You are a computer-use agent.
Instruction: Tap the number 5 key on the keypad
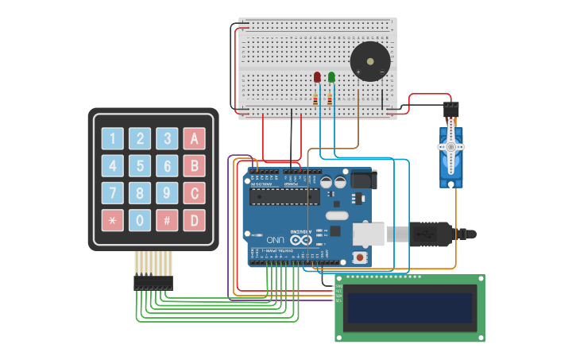tap(140, 166)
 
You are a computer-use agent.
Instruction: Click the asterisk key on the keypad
tap(112, 219)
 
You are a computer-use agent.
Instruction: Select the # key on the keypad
tap(167, 219)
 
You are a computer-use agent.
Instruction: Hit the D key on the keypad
tap(194, 219)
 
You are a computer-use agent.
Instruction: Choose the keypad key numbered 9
tap(167, 193)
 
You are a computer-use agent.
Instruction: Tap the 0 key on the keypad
tap(140, 219)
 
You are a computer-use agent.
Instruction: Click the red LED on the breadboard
tap(317, 77)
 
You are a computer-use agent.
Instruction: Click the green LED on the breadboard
tap(331, 77)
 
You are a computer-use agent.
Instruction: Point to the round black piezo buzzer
tap(370, 62)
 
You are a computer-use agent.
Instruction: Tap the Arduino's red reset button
tap(360, 257)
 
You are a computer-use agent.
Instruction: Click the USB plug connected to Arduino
tap(429, 234)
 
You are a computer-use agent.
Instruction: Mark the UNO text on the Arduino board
tap(275, 239)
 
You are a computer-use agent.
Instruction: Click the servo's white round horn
tap(450, 147)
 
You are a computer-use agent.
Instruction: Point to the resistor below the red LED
tap(316, 99)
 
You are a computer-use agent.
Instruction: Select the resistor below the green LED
tap(331, 99)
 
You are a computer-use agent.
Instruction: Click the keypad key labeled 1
tap(112, 139)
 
